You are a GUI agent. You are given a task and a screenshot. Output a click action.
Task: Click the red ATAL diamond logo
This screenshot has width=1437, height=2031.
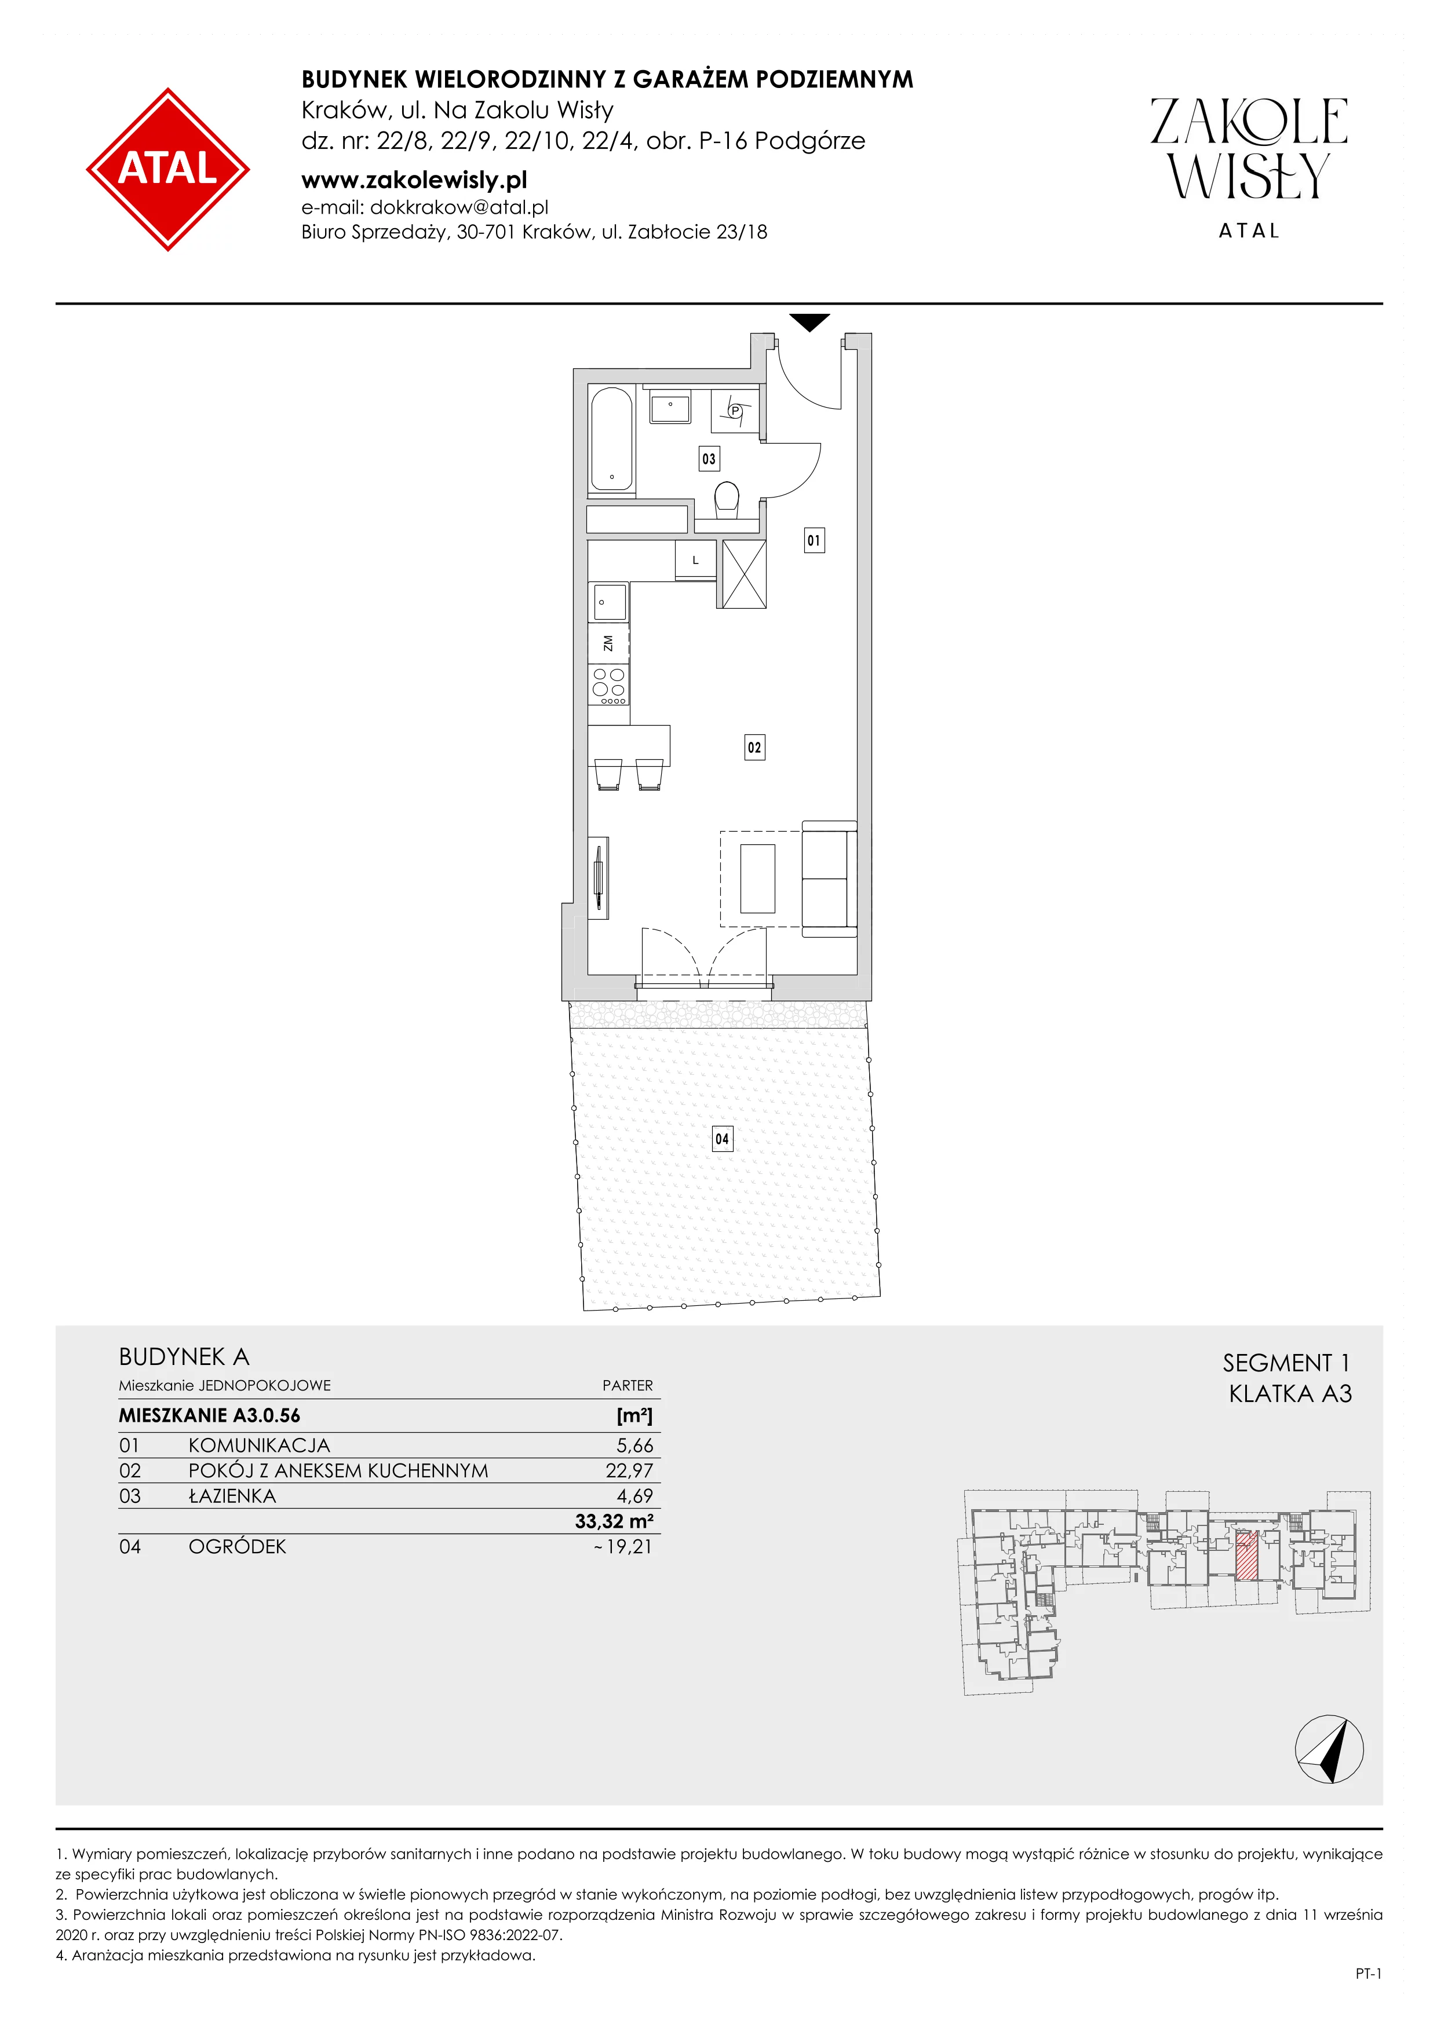tap(167, 169)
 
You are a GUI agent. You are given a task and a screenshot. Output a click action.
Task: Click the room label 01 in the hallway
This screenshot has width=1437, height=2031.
tap(814, 540)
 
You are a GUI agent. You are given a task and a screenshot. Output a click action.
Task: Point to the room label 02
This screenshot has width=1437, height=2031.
tap(754, 748)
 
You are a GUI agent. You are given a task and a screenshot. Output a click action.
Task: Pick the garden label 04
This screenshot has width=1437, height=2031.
tap(722, 1139)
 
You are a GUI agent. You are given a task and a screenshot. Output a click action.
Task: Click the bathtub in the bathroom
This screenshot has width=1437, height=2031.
tap(611, 438)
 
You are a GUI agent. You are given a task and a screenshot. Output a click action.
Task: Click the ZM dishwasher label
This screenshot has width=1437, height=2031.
tap(608, 643)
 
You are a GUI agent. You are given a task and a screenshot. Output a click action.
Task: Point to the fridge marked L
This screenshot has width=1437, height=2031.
tap(695, 560)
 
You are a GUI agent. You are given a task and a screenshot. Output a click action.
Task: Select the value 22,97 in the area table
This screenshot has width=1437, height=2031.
tap(629, 1470)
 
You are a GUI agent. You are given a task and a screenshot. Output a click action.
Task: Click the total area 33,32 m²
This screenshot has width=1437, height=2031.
tap(614, 1521)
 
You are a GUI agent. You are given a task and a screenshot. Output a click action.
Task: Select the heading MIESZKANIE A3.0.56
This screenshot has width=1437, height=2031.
tap(210, 1415)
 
